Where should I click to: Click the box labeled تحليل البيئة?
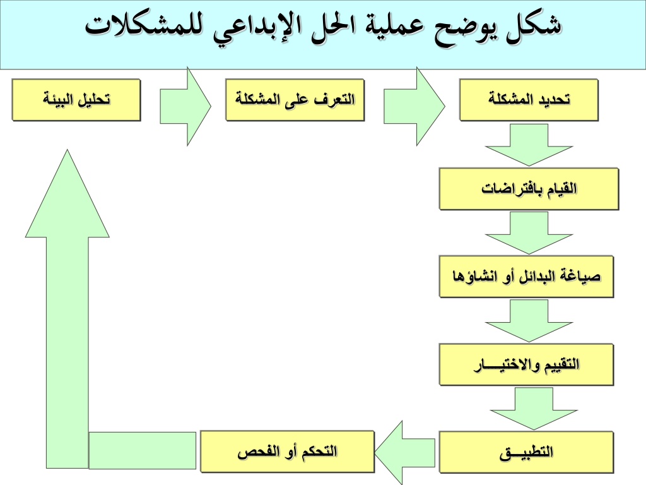76,100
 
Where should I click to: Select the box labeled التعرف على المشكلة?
295,100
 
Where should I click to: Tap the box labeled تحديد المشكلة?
529,100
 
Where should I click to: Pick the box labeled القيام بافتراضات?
529,189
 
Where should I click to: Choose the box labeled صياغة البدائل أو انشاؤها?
527,277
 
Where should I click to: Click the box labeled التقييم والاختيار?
527,365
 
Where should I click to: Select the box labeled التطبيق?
527,452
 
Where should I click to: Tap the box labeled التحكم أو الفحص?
288,452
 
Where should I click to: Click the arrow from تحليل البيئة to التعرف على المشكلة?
185,106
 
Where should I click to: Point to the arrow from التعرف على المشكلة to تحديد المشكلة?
414,106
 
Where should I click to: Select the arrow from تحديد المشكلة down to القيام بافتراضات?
529,145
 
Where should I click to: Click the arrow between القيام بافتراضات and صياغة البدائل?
529,233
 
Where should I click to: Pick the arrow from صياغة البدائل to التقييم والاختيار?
529,321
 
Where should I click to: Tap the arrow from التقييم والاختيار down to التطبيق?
534,409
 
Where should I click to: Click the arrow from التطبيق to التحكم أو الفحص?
404,453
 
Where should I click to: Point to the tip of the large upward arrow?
67,150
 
